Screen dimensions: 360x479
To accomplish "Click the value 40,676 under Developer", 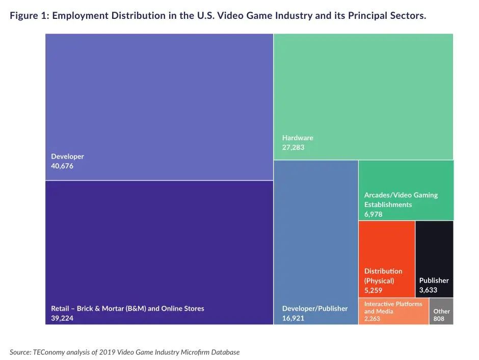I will pyautogui.click(x=62, y=166).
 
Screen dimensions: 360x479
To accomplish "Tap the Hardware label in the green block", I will pyautogui.click(x=298, y=138).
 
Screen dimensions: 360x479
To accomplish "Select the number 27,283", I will pyautogui.click(x=294, y=147).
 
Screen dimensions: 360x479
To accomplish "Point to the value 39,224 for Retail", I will pyautogui.click(x=62, y=318).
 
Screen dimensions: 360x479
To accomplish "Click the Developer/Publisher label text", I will pyautogui.click(x=315, y=308).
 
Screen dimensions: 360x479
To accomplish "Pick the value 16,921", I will pyautogui.click(x=294, y=318).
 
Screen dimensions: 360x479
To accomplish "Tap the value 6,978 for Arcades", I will pyautogui.click(x=373, y=214).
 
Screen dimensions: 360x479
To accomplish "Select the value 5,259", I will pyautogui.click(x=373, y=290).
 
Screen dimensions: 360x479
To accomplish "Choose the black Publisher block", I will pyautogui.click(x=434, y=250).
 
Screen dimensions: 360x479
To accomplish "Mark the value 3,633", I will pyautogui.click(x=428, y=290).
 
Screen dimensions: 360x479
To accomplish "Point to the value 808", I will pyautogui.click(x=439, y=319).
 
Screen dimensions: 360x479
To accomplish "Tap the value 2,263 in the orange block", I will pyautogui.click(x=372, y=319).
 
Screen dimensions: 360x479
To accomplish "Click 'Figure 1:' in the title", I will pyautogui.click(x=30, y=15).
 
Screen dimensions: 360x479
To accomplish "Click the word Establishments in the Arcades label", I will pyautogui.click(x=388, y=204).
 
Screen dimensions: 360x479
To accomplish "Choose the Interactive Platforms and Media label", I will pyautogui.click(x=393, y=307).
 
